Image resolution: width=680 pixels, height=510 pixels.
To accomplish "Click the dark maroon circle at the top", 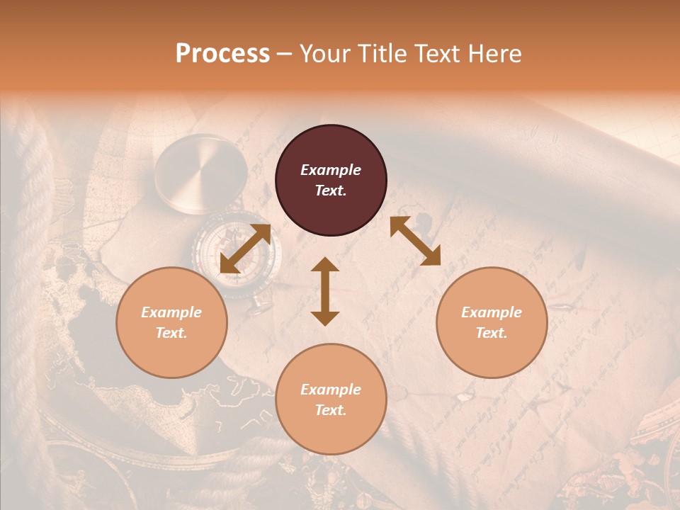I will tap(331, 181).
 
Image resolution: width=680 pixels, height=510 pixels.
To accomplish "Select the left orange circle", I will tap(171, 322).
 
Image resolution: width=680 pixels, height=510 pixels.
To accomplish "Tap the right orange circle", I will tap(492, 322).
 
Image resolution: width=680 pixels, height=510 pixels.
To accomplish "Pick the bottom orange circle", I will tap(331, 399).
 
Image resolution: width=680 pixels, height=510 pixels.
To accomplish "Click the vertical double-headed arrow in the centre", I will tap(325, 291).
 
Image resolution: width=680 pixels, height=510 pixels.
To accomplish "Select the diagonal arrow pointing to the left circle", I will tap(245, 249).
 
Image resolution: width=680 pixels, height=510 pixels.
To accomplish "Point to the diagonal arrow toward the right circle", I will tap(415, 241).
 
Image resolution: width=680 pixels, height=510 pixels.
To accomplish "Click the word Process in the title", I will tap(222, 54).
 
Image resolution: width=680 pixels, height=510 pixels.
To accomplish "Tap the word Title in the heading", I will tap(382, 54).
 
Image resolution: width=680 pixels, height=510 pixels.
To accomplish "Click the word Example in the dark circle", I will tap(331, 170).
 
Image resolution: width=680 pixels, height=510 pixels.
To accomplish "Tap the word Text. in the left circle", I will tap(171, 333).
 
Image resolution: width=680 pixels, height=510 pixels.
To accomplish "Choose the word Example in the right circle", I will tap(492, 312).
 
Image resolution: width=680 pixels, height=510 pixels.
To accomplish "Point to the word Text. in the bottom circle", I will tap(331, 410).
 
